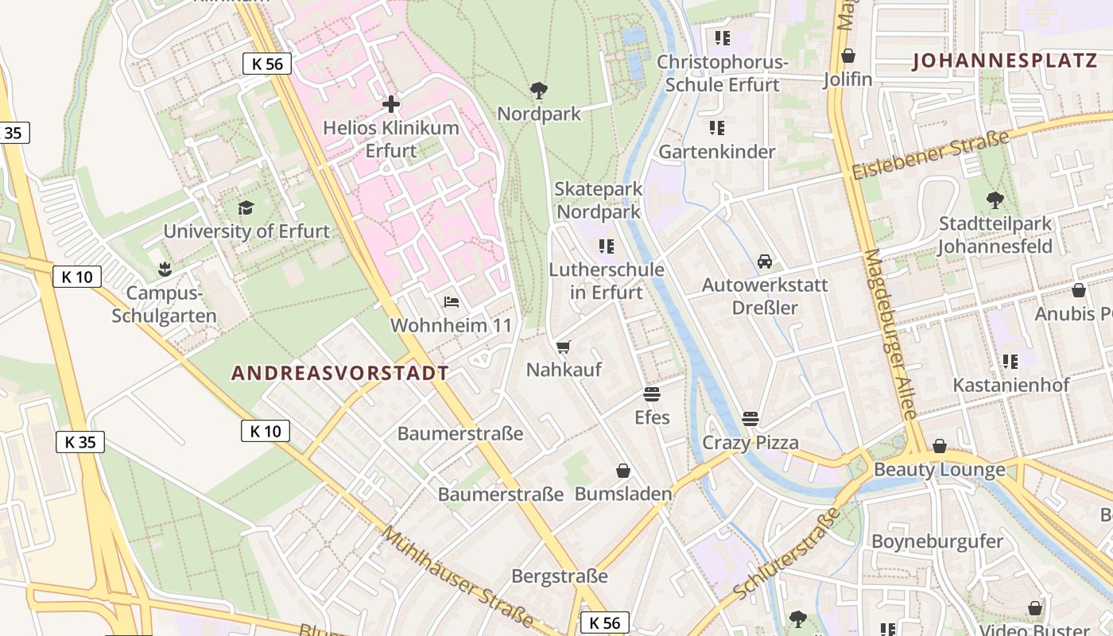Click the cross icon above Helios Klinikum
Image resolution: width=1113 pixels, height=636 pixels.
391,104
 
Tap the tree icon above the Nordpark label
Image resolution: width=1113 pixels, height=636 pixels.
539,90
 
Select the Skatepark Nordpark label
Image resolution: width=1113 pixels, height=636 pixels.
599,200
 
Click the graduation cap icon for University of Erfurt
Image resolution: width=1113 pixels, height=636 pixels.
246,208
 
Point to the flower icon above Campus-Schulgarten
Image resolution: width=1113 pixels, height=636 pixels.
165,269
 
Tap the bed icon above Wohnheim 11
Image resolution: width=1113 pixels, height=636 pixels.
452,302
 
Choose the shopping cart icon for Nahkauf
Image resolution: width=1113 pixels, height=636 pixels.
564,347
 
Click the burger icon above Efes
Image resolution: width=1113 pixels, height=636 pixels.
652,394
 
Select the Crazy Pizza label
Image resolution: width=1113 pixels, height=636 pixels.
750,443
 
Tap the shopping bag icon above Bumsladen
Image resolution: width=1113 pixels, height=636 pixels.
623,471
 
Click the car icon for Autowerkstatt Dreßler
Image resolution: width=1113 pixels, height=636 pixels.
765,262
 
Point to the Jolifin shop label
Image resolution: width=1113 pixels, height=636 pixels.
848,79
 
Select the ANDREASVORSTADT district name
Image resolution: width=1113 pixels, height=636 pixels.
340,373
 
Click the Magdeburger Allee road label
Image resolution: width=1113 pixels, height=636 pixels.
891,334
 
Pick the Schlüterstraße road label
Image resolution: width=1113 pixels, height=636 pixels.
788,553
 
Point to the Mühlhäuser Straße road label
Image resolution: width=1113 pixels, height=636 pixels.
458,576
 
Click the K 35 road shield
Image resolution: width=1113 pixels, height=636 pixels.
80,442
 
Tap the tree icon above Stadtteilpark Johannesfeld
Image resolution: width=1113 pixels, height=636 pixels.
995,200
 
